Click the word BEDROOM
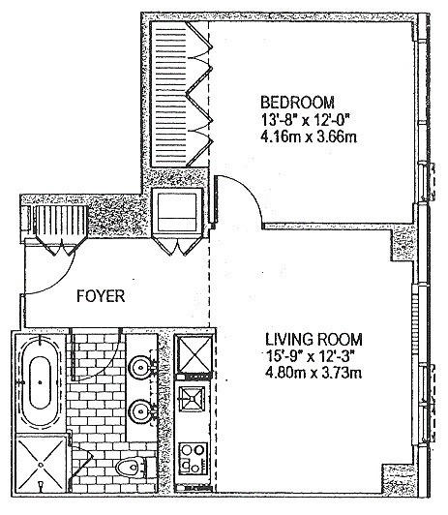[297, 103]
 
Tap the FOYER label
[101, 296]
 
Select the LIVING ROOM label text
[314, 339]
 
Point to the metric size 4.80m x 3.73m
[314, 373]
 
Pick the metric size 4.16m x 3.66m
[309, 136]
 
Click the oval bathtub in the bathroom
[41, 382]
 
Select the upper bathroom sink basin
[141, 366]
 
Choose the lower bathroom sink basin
[141, 410]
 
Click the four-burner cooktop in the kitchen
[193, 458]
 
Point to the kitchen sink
[192, 399]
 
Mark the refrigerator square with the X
[194, 354]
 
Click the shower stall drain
[41, 465]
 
